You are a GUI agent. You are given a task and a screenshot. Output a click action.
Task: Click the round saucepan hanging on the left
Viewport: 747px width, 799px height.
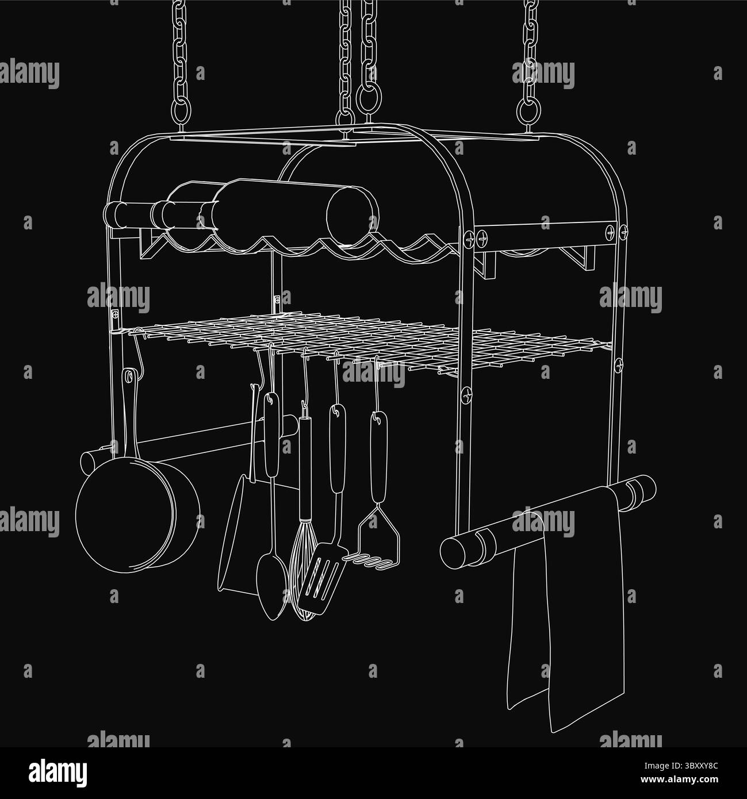click(x=137, y=515)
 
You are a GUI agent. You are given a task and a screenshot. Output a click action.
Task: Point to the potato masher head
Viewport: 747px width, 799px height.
click(x=376, y=541)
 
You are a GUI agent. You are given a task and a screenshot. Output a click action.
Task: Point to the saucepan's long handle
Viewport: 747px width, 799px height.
click(x=131, y=414)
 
